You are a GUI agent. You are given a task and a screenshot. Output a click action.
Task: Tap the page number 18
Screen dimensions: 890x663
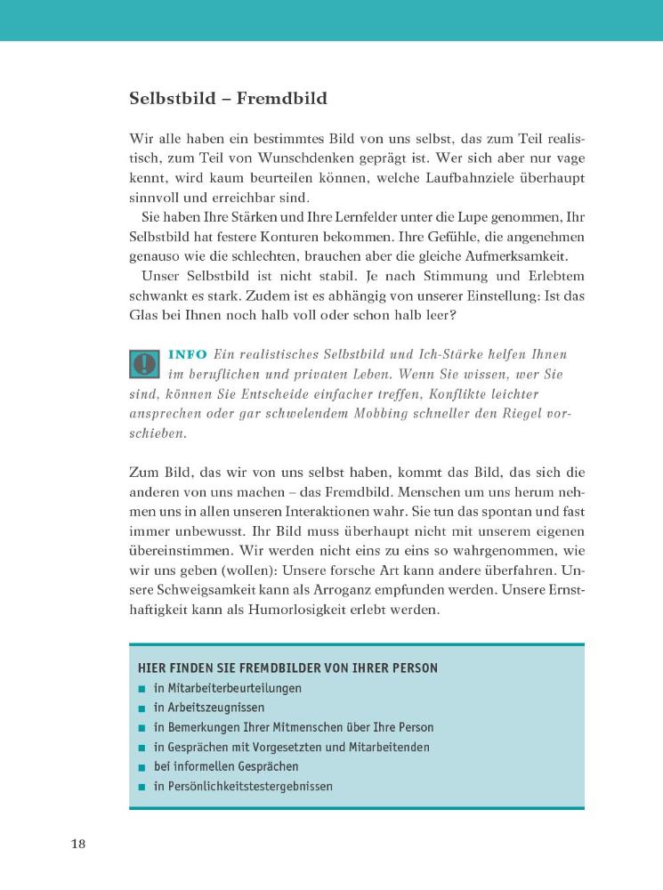coord(77,844)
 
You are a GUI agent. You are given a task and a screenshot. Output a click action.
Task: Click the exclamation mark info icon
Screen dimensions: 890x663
coord(143,364)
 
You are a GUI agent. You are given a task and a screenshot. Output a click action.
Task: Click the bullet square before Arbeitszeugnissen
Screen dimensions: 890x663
coord(142,708)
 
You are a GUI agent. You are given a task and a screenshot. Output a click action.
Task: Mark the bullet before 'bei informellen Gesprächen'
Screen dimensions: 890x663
coord(142,767)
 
